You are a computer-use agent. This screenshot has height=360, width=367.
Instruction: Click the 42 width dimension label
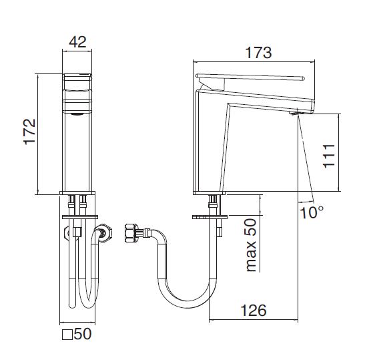(77, 42)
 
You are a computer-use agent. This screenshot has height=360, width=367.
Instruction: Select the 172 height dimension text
(30, 132)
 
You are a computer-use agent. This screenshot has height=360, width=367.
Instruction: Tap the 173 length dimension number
(258, 53)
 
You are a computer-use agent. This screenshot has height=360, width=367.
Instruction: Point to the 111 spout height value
(329, 156)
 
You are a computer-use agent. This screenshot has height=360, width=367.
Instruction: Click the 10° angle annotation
(312, 212)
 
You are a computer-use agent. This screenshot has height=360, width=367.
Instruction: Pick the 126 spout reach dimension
(254, 311)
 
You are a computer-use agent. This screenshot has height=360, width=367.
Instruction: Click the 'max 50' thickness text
(251, 245)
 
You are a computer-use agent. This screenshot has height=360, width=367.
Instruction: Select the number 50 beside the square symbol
(83, 334)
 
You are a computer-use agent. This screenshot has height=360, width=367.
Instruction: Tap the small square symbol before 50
(67, 335)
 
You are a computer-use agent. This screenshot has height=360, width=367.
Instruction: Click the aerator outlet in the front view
(77, 114)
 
